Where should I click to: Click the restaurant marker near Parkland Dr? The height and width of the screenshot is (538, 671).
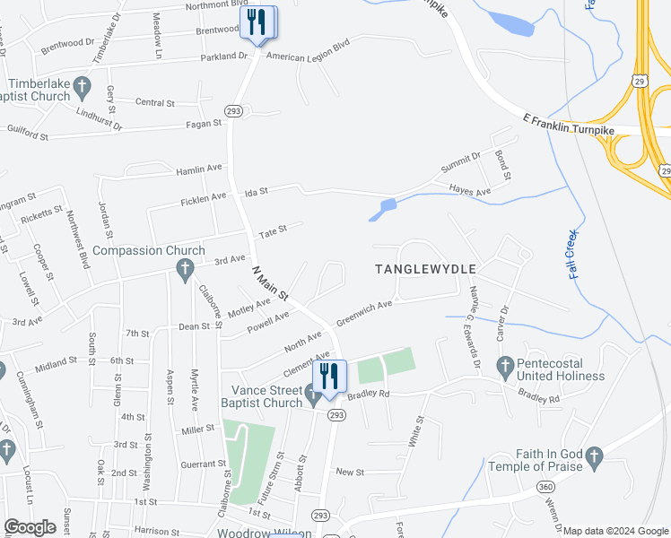[x=258, y=22]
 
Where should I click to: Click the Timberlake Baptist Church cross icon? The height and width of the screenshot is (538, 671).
[x=82, y=87]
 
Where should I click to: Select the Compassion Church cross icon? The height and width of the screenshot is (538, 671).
[x=185, y=267]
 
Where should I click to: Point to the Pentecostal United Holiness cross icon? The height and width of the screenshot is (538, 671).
[x=504, y=366]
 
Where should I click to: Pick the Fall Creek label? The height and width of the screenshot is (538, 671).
[x=576, y=255]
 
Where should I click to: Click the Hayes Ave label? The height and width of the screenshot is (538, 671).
[x=470, y=191]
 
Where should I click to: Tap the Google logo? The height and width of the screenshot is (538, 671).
[x=30, y=527]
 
